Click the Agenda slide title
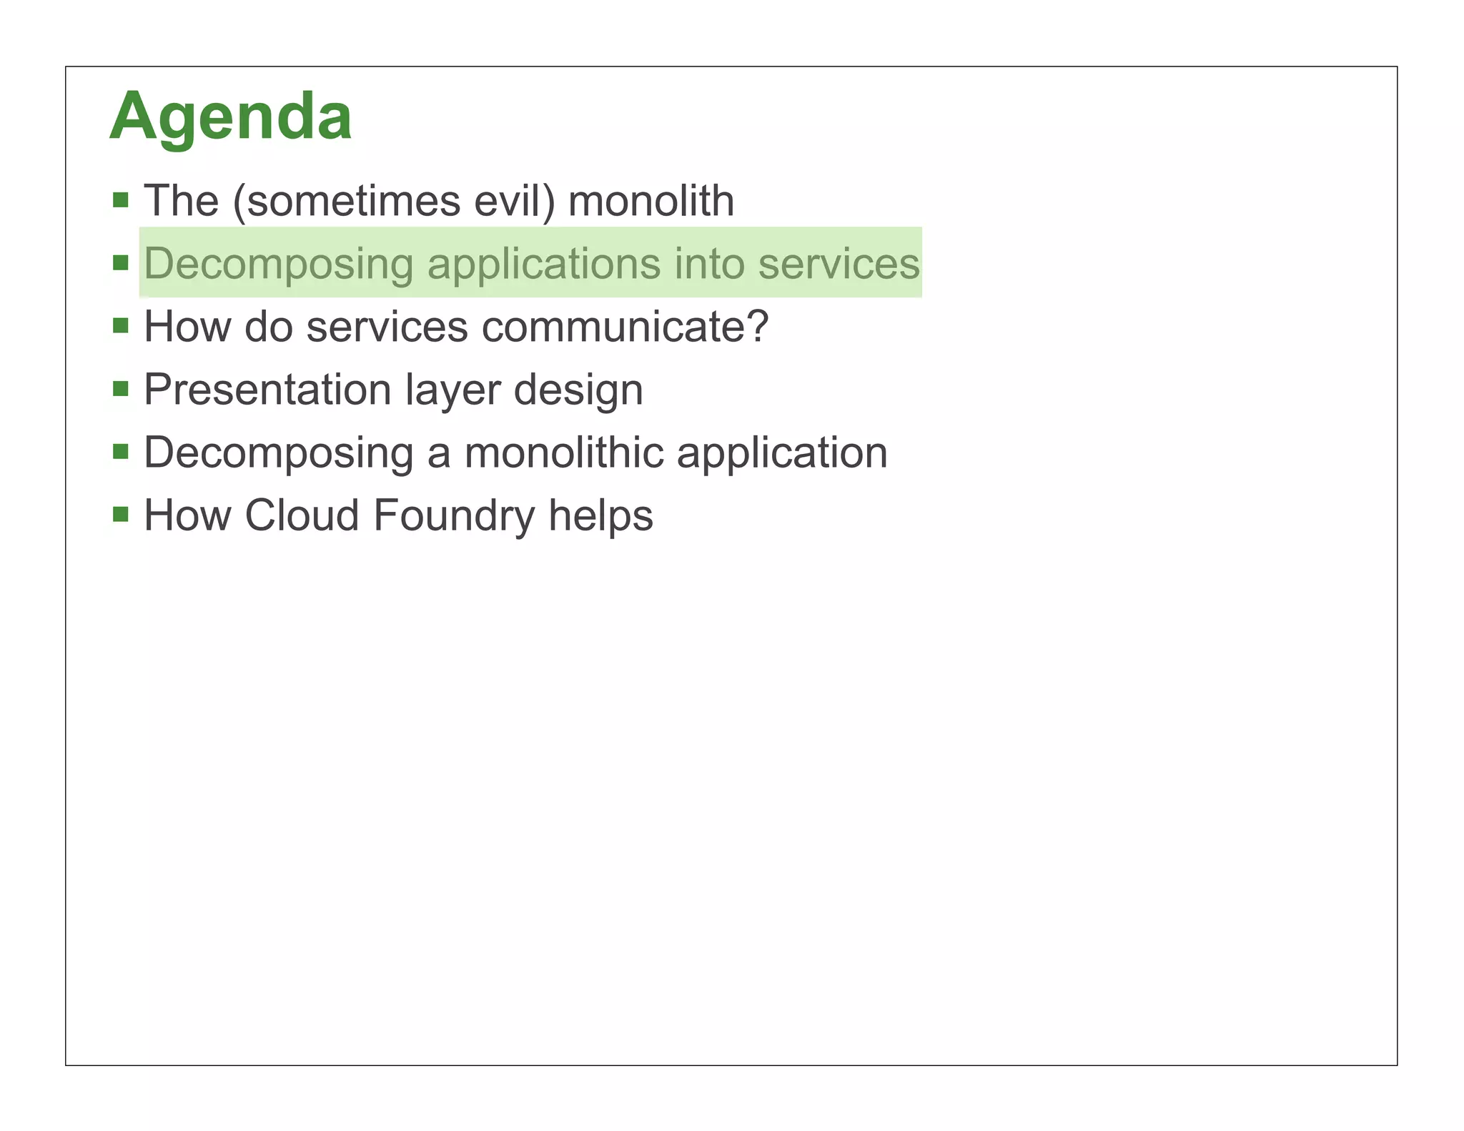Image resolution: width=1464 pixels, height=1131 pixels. coord(230,116)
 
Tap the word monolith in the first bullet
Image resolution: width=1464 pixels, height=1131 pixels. coord(651,201)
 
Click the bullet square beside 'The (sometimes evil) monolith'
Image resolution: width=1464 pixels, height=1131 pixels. coord(121,199)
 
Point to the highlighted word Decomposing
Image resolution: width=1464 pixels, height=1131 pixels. coord(279,264)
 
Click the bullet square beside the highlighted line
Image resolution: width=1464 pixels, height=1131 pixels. coord(121,262)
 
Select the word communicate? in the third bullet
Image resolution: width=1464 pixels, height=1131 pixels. coord(625,327)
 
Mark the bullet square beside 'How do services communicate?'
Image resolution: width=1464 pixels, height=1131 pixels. coord(121,326)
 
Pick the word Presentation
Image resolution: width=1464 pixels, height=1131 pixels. coord(268,390)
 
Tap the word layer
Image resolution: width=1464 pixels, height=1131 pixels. coord(452,390)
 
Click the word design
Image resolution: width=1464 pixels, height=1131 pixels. coord(578,390)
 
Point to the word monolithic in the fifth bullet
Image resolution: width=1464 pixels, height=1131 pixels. coord(564,453)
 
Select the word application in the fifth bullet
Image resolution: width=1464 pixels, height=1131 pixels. coord(782,453)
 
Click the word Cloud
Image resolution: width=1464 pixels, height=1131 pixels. coord(302,515)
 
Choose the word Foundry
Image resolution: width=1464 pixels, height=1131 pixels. coord(453,516)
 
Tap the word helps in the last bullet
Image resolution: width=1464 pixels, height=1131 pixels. coord(600,516)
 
